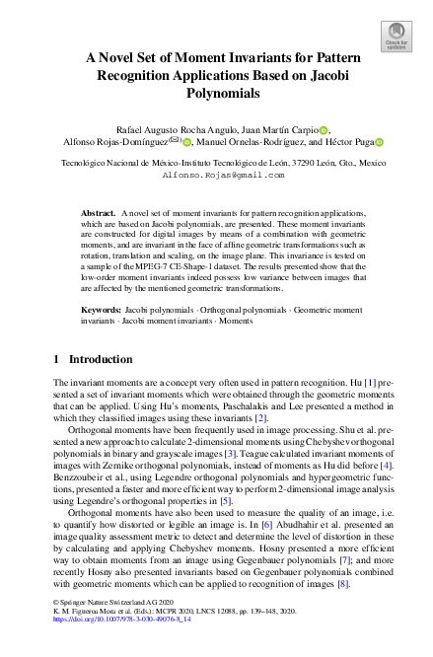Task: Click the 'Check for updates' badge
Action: click(396, 36)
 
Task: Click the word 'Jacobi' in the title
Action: click(327, 74)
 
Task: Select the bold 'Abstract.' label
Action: click(98, 213)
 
